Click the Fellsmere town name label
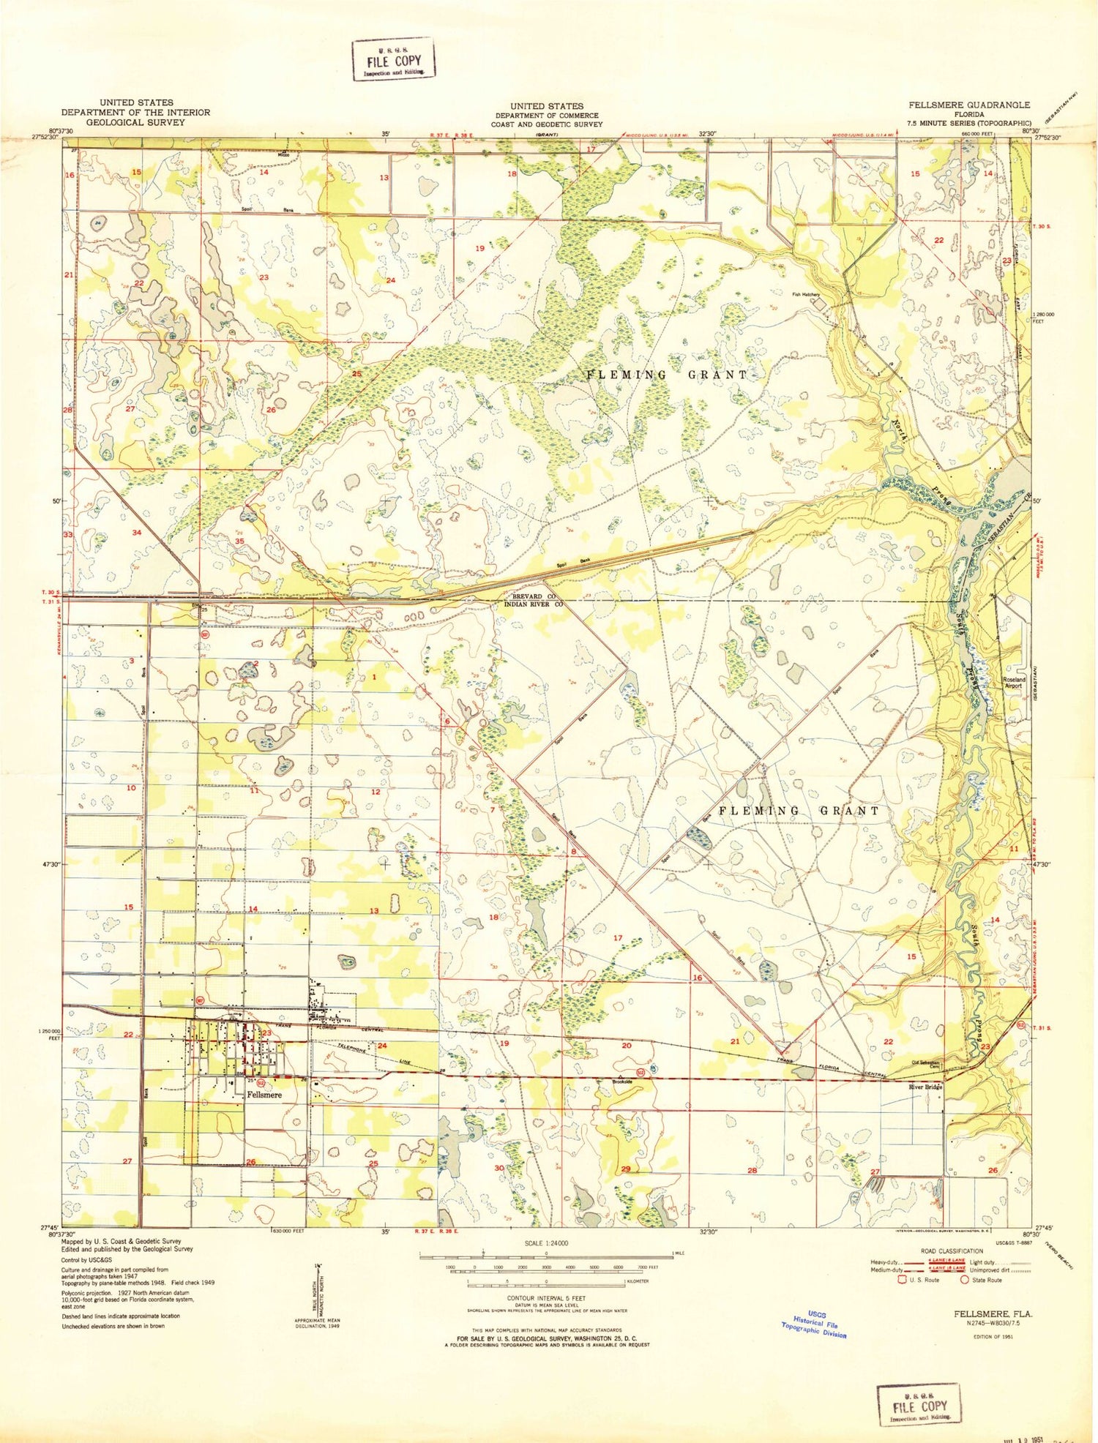264,1095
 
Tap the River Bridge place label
925,1087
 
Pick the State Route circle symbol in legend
965,1280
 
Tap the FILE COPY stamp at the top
394,60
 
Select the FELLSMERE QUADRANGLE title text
969,105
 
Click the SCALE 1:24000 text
546,1243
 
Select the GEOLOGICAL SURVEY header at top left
135,122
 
